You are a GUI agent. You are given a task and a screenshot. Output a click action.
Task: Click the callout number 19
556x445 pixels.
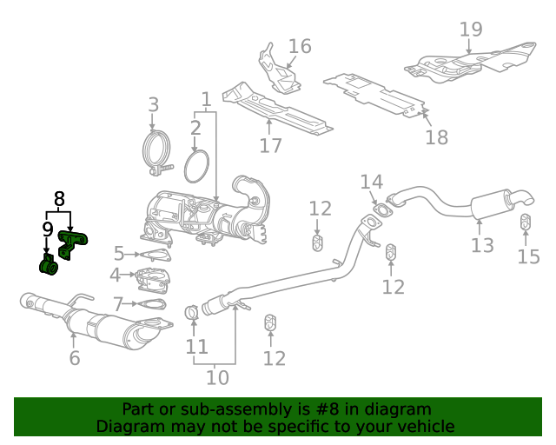point(471,29)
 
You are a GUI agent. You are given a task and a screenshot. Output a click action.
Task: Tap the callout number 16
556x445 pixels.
point(300,46)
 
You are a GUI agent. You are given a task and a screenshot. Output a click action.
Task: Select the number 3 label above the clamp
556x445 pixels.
point(153,104)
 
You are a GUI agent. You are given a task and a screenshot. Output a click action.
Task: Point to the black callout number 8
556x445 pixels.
point(59,199)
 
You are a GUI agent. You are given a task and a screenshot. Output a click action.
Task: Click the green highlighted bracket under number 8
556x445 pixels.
point(72,243)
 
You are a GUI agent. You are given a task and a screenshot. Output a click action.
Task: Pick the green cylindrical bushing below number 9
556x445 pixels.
point(49,266)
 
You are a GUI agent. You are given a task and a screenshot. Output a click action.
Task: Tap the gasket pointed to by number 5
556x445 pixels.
point(156,256)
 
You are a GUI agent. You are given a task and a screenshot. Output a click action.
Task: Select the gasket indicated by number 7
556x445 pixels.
point(152,303)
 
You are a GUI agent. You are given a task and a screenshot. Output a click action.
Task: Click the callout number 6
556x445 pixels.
point(75,358)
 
